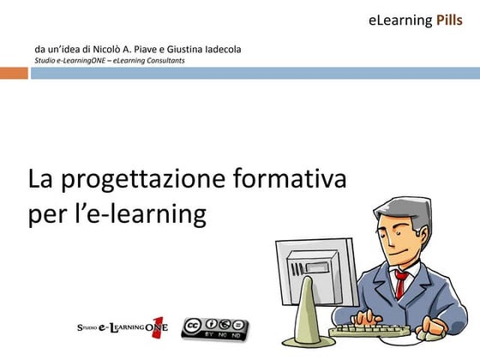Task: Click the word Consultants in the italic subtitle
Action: click(x=162, y=60)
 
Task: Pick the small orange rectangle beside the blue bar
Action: click(x=14, y=73)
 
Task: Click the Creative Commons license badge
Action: click(x=215, y=328)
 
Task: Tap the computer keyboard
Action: click(x=369, y=329)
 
